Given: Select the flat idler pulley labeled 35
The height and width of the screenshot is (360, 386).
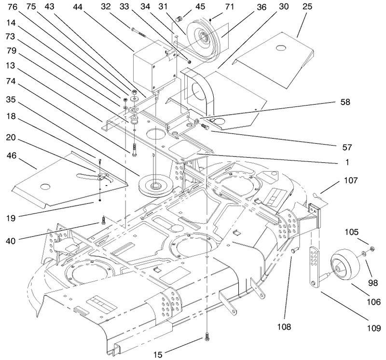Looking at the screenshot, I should [155, 186].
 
